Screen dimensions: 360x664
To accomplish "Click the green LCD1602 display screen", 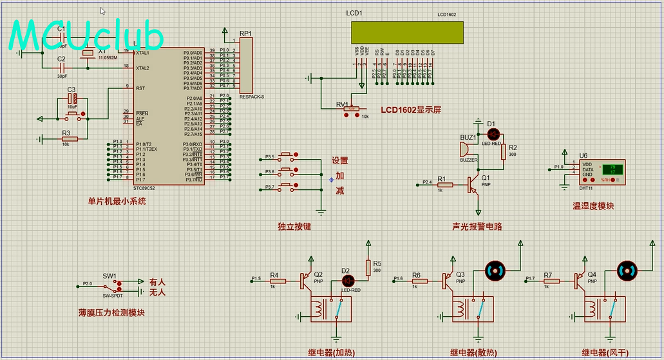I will pyautogui.click(x=407, y=31).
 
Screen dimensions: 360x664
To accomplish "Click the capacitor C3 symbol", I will pyautogui.click(x=72, y=99).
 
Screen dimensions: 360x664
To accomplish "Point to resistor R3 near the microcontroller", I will pyautogui.click(x=70, y=138).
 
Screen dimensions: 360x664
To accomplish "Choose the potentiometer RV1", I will pyautogui.click(x=352, y=109).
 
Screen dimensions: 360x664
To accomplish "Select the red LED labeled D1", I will pyautogui.click(x=493, y=133).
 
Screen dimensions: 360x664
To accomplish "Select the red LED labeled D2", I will pyautogui.click(x=348, y=280).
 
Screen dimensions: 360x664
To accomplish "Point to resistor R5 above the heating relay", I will pyautogui.click(x=368, y=267).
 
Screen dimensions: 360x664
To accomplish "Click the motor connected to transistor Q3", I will pyautogui.click(x=495, y=270).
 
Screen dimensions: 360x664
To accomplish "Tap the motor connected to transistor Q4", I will pyautogui.click(x=628, y=270).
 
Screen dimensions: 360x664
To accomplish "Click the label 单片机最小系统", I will pyautogui.click(x=117, y=201).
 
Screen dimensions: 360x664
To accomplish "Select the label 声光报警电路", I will pyautogui.click(x=477, y=226).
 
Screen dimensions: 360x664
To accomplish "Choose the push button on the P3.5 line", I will pyautogui.click(x=287, y=156).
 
